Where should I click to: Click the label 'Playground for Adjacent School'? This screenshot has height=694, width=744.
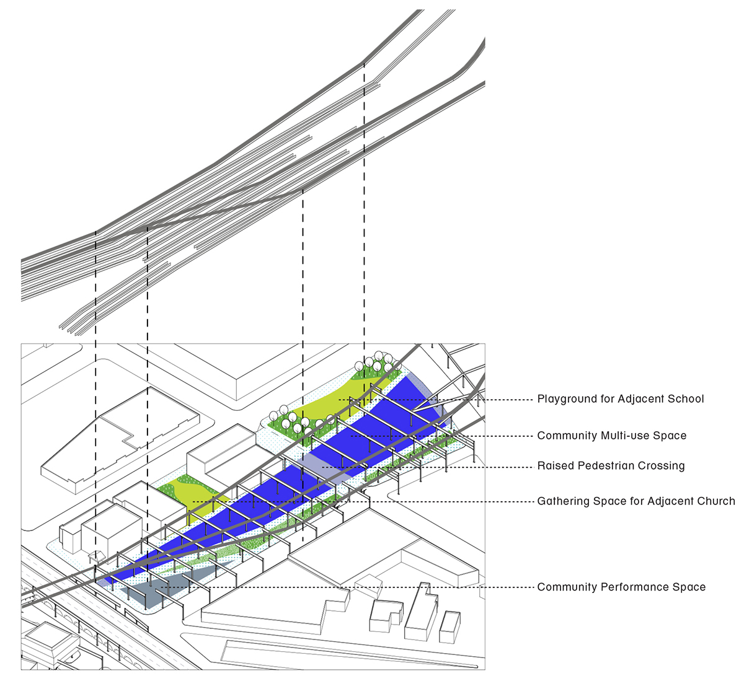pos(620,399)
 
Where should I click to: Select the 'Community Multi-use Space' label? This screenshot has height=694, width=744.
pos(611,436)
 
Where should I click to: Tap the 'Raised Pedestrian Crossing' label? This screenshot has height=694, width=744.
pos(611,466)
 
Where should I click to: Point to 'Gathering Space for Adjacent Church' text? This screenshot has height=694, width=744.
pos(635,501)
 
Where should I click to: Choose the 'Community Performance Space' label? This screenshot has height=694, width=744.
pos(621,587)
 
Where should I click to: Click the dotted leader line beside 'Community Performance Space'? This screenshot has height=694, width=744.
pos(372,587)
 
